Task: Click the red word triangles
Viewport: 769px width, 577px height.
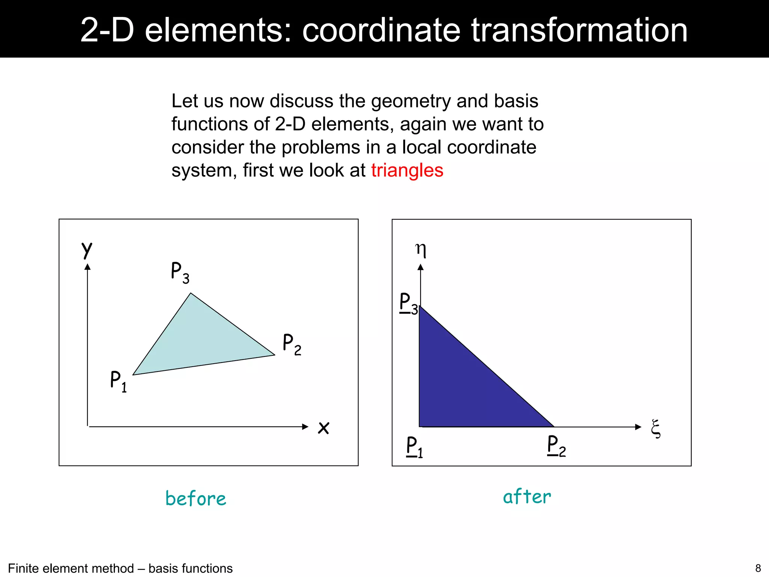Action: pyautogui.click(x=407, y=171)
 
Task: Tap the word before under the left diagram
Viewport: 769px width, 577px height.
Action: pyautogui.click(x=196, y=498)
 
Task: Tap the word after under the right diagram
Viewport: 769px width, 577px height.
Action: pyautogui.click(x=527, y=497)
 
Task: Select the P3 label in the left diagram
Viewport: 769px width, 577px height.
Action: pyautogui.click(x=180, y=272)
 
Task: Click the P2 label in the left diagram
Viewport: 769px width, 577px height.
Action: pyautogui.click(x=292, y=344)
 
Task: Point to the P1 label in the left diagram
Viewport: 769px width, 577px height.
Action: pyautogui.click(x=118, y=381)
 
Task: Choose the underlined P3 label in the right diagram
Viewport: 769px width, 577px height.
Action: pyautogui.click(x=409, y=304)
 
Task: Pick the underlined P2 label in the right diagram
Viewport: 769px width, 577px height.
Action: pyautogui.click(x=556, y=446)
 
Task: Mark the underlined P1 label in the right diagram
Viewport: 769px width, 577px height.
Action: pyautogui.click(x=415, y=447)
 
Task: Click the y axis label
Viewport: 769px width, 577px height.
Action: pyautogui.click(x=87, y=250)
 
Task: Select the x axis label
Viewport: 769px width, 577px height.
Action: pyautogui.click(x=323, y=427)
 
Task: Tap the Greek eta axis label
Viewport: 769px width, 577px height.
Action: pyautogui.click(x=421, y=250)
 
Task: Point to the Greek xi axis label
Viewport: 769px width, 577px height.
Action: pyautogui.click(x=656, y=429)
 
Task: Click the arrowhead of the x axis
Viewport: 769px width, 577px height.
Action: pyautogui.click(x=305, y=427)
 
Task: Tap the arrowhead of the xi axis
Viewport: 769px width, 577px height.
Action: pyautogui.click(x=638, y=427)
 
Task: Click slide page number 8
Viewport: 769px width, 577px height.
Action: pyautogui.click(x=758, y=568)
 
